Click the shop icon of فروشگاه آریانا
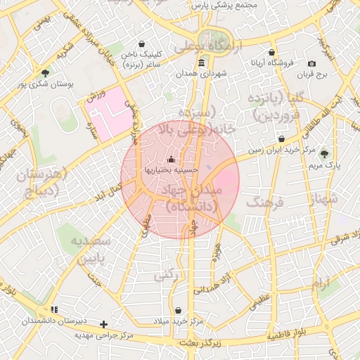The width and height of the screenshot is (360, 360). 271,52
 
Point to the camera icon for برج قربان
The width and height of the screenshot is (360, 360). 311,63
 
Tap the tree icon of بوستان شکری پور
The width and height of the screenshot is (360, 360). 46,72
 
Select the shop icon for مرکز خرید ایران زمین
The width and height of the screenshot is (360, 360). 281,139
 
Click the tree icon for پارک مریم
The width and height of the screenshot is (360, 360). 324,154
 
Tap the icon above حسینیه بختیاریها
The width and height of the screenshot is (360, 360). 172,159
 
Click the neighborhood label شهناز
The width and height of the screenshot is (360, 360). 323,199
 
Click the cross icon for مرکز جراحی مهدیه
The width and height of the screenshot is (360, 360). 104,324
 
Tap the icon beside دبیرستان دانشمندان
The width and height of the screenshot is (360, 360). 54,309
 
